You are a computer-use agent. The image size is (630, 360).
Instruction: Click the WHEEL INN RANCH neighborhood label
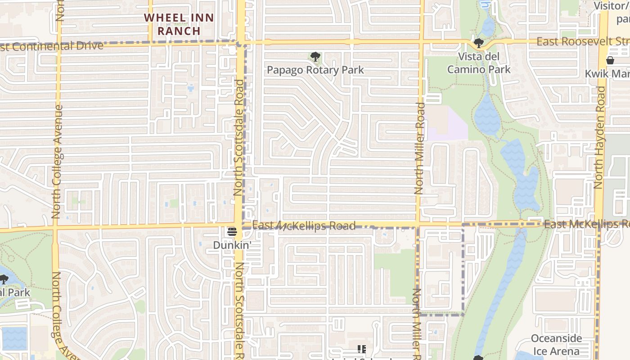click(x=179, y=24)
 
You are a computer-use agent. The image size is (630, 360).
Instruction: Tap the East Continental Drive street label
click(x=52, y=46)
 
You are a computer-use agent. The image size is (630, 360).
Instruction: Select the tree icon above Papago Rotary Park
click(x=315, y=57)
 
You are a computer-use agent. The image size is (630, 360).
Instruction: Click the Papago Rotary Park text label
click(x=315, y=70)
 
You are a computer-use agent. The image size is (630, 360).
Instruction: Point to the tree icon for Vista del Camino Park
click(x=478, y=44)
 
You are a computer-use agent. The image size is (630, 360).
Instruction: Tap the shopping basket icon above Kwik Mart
click(x=610, y=60)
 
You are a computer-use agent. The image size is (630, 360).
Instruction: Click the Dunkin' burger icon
click(x=232, y=232)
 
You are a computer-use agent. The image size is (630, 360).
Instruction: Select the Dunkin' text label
click(x=232, y=245)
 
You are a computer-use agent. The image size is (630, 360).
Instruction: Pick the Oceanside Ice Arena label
click(x=556, y=345)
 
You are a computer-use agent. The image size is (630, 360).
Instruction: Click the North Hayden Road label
click(x=599, y=137)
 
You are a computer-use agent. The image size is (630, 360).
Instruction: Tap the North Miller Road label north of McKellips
click(x=420, y=148)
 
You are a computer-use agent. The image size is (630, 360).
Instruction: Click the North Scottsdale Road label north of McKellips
click(x=238, y=137)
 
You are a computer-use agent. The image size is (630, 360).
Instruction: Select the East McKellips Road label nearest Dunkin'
click(x=304, y=225)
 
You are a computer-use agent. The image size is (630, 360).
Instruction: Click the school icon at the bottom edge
click(x=361, y=349)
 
